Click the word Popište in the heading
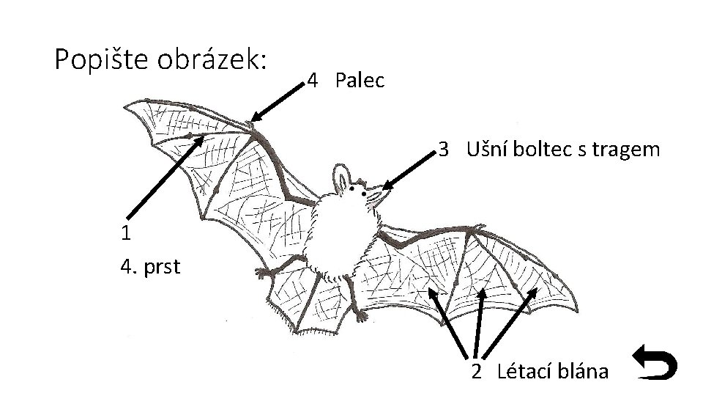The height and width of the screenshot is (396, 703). click(98, 59)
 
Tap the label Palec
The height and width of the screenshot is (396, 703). click(360, 81)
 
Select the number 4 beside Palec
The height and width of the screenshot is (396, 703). click(312, 81)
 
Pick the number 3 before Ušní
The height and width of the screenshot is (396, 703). click(443, 150)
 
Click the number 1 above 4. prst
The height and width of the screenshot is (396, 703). click(127, 234)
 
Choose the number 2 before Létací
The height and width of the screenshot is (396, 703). click(476, 372)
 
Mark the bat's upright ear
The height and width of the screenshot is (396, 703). click(341, 177)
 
